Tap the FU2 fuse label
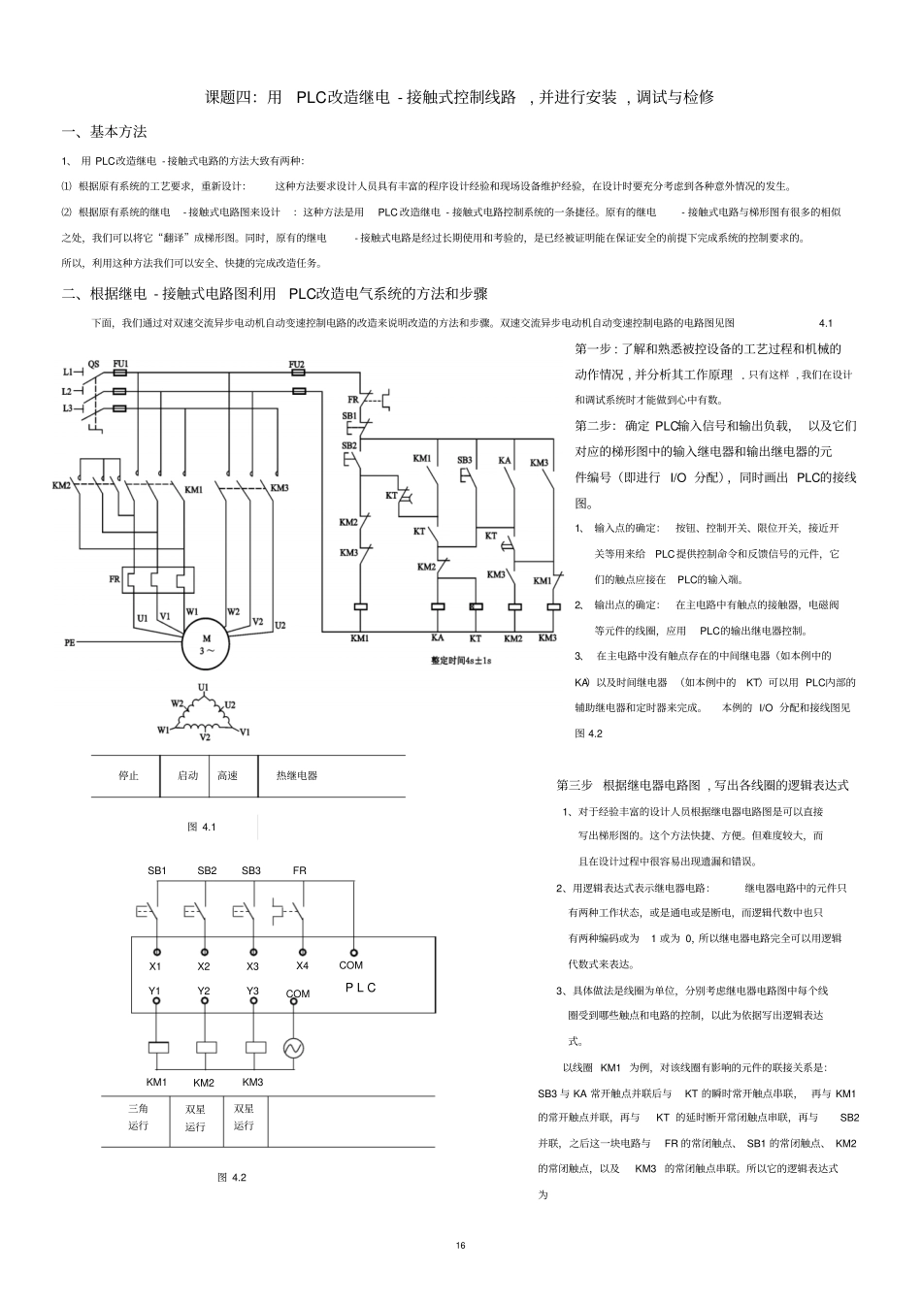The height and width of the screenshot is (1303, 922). (x=297, y=365)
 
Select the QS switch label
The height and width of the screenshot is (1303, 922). (x=93, y=365)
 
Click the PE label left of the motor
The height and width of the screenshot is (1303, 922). (x=69, y=642)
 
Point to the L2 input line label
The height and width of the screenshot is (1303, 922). (x=67, y=390)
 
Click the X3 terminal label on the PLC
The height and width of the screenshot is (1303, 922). (x=252, y=966)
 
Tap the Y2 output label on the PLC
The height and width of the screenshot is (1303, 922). (x=204, y=991)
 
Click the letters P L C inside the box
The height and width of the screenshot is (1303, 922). (x=360, y=987)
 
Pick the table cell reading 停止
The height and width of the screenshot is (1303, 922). (x=128, y=775)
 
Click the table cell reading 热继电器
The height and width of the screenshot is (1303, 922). (x=296, y=775)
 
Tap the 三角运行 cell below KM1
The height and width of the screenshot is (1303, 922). (x=138, y=1117)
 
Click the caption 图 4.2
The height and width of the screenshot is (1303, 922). (x=232, y=1177)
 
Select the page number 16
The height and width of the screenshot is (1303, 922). (x=460, y=1246)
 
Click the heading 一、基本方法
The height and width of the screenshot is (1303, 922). (x=104, y=132)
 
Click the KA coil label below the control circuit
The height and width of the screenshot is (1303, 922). (x=437, y=638)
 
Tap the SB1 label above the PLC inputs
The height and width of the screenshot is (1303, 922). (x=156, y=870)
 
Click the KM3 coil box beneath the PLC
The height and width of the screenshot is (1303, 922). (x=255, y=1048)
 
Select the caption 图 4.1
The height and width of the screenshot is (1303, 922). (x=201, y=827)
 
